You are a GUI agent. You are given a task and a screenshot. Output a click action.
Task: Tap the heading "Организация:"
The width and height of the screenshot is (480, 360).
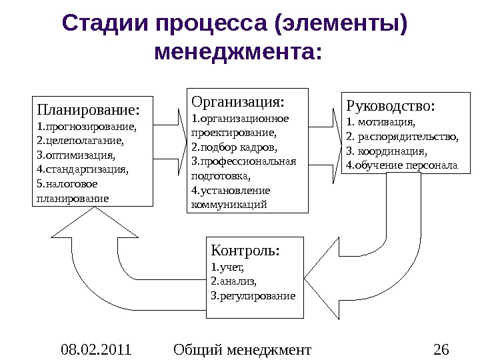[237, 101]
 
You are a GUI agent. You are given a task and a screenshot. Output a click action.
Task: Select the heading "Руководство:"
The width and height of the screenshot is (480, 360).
[391, 106]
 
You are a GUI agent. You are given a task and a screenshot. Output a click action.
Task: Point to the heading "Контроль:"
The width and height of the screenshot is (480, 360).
[245, 251]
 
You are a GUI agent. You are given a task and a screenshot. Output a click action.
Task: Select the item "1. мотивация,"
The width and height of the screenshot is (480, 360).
[381, 122]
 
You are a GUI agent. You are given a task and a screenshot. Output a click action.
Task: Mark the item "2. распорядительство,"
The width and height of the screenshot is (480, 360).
[403, 137]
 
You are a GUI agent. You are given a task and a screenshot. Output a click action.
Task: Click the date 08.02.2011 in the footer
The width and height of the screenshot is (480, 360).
[96, 348]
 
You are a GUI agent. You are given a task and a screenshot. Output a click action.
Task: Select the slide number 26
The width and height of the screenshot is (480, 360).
[441, 348]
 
